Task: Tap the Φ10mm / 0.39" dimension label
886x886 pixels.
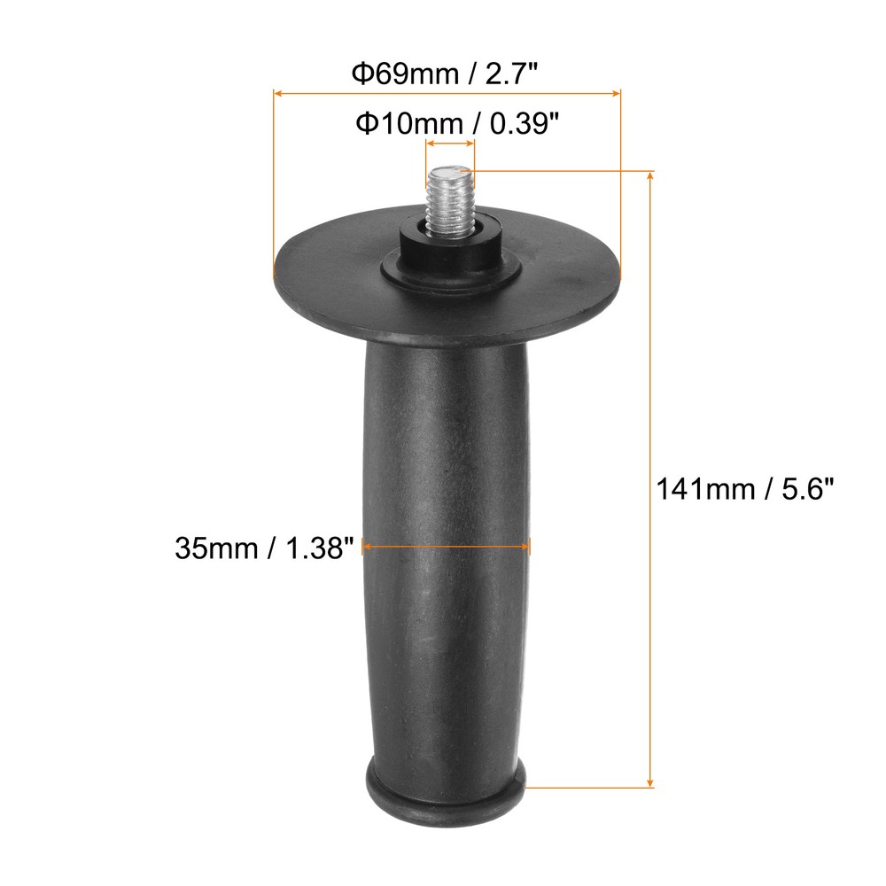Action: tap(458, 123)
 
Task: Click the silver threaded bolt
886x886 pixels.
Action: tap(451, 204)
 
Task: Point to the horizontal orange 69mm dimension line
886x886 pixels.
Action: tap(447, 91)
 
